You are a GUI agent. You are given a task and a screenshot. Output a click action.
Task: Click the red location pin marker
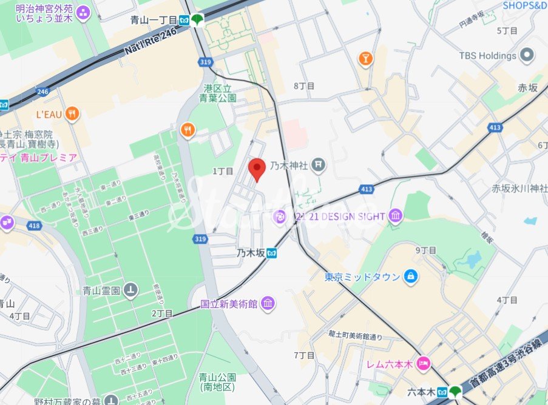pos(258,168)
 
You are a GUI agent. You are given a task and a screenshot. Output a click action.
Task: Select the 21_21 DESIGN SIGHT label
pos(342,216)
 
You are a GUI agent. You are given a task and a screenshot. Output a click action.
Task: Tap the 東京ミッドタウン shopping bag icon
pos(411,276)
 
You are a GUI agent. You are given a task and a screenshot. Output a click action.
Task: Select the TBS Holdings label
pos(487,56)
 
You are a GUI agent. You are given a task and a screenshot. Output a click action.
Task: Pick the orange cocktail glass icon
pos(366,58)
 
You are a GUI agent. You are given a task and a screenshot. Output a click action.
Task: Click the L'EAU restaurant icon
pos(72,113)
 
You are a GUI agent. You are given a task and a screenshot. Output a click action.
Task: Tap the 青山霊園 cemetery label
pos(102,290)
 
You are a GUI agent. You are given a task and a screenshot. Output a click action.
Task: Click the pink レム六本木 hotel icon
pos(423,364)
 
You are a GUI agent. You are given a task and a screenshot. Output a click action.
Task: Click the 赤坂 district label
pos(527,88)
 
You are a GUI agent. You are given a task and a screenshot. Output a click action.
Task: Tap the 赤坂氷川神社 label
pos(519,188)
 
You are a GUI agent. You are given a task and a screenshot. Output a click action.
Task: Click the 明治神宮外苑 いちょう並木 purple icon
pos(83,12)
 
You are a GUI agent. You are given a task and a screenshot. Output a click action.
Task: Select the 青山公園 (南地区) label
pos(217,381)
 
